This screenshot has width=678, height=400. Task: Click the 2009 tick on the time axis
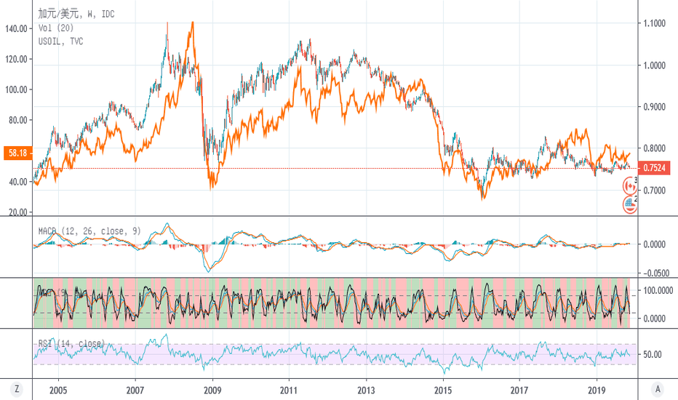point(212,389)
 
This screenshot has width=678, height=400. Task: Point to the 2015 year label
point(443,389)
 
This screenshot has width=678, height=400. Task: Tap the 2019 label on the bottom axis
point(597,389)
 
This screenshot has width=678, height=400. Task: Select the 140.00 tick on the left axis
point(16,28)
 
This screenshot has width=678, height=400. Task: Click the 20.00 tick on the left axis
point(18,212)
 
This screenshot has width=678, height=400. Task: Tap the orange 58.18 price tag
point(16,153)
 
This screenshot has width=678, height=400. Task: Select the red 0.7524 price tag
point(656,169)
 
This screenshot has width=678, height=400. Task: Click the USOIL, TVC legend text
point(60,41)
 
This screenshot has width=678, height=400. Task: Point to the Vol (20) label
point(55,28)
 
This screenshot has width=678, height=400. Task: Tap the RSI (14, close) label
point(71,343)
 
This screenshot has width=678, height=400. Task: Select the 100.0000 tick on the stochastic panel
point(657,290)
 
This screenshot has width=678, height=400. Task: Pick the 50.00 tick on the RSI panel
point(653,355)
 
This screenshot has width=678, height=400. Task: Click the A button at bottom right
point(657,390)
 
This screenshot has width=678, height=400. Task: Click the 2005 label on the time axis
point(57,389)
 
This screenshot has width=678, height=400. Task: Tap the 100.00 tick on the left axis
point(16,89)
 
